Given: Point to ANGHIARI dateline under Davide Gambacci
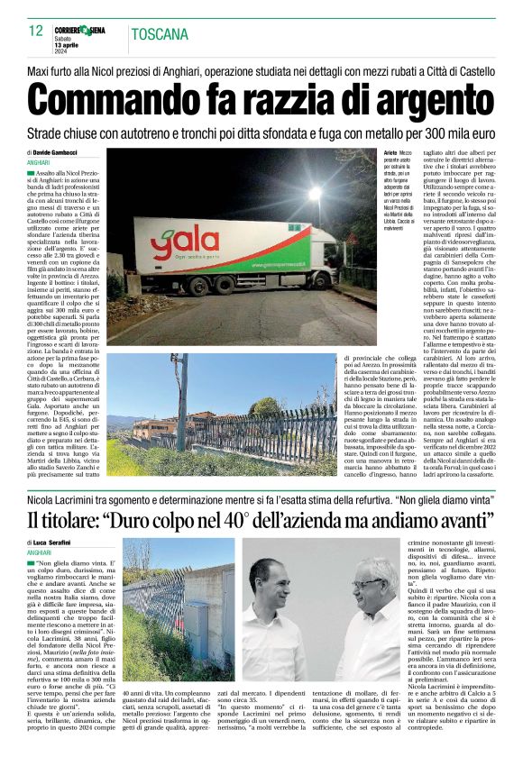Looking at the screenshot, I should point(41,162).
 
